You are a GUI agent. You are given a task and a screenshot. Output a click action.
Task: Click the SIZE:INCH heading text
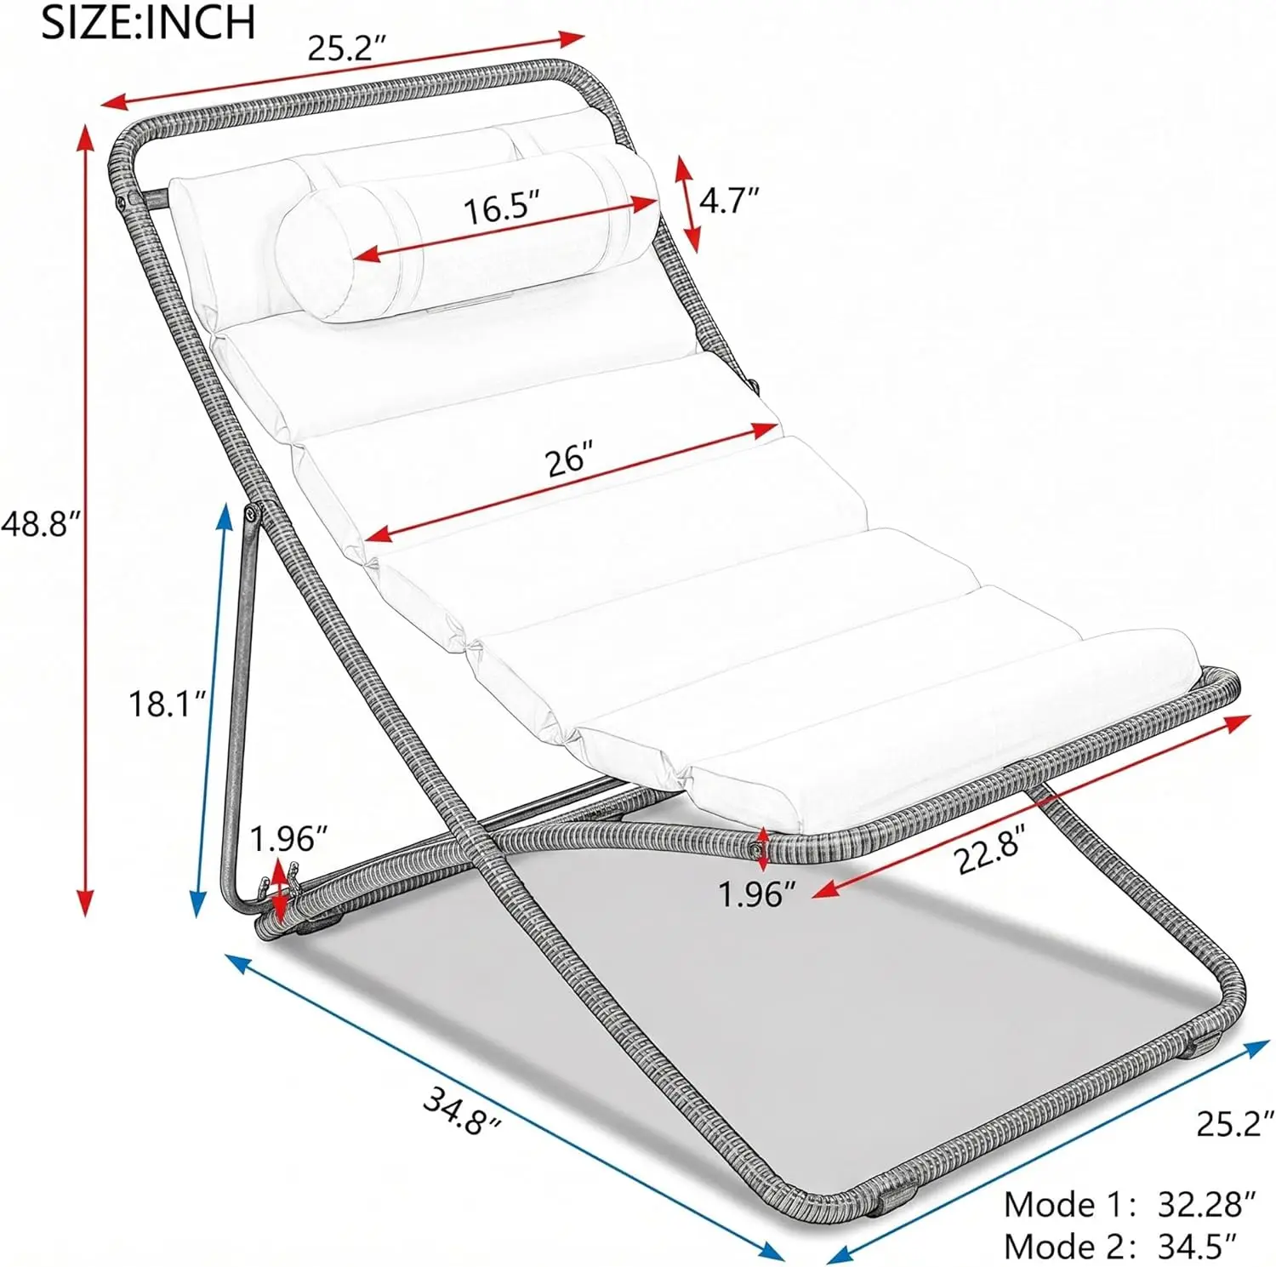click(x=148, y=22)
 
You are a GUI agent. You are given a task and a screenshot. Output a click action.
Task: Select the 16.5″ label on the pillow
click(x=502, y=207)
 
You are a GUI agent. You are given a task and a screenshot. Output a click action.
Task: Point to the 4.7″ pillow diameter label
click(x=728, y=201)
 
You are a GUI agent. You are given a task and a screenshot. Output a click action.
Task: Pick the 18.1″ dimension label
click(x=167, y=705)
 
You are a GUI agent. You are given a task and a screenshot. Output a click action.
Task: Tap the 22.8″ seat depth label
click(x=991, y=851)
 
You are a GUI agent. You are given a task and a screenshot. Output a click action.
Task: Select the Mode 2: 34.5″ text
click(x=1119, y=1246)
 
